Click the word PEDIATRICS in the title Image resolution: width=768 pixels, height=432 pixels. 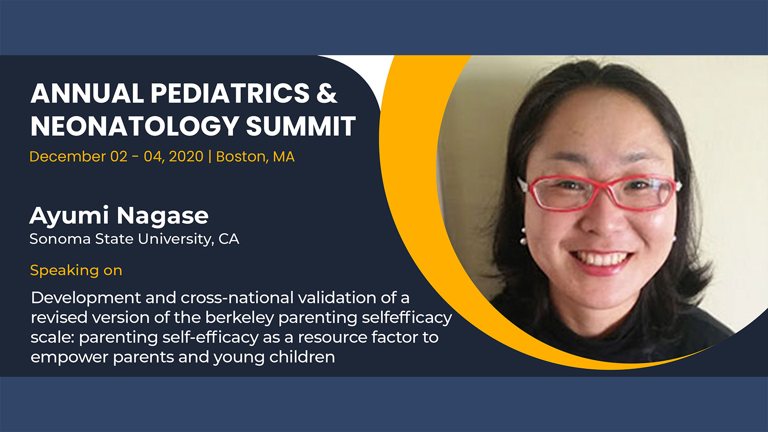tap(230, 93)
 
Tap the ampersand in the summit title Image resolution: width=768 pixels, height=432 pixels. tap(327, 93)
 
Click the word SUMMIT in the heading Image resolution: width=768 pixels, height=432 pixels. tap(300, 126)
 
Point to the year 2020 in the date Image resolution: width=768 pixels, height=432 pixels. tap(186, 156)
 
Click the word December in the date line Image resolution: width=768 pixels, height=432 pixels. tap(68, 156)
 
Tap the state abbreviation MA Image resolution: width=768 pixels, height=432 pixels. tap(284, 156)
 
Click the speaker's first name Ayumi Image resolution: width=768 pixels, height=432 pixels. tap(70, 216)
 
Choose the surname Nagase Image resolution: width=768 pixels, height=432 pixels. tap(163, 216)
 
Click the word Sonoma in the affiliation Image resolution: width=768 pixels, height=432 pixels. tap(60, 239)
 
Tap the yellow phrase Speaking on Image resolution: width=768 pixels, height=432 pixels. tap(76, 271)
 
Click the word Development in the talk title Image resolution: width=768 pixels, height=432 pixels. tap(86, 298)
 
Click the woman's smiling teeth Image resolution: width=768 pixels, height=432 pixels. tap(601, 259)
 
